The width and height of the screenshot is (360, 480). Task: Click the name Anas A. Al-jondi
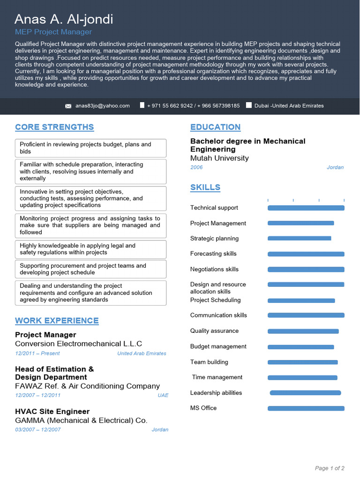pos(64,19)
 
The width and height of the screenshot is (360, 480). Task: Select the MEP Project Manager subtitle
pos(53,32)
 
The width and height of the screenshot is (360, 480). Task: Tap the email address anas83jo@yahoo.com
pos(103,106)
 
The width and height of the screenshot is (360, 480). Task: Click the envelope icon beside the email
pos(68,106)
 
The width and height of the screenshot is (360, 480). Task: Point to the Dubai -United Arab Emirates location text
pos(289,106)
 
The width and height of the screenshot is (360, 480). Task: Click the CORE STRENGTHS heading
pos(54,127)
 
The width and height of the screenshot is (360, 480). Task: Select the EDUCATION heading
pos(215,127)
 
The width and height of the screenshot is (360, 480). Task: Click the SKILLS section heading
pos(205,187)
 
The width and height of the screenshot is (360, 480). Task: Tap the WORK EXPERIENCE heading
pos(57,321)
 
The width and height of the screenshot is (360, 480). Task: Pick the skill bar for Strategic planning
pos(299,238)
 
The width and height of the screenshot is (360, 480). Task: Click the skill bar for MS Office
pos(306,408)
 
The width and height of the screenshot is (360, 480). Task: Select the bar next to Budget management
pos(300,347)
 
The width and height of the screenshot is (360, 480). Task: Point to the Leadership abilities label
pos(216,393)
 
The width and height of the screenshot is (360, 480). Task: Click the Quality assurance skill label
pos(214,331)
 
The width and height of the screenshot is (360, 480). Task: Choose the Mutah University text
pos(219,158)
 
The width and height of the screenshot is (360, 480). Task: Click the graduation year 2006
pos(196,167)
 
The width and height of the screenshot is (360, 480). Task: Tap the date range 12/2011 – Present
pos(37,353)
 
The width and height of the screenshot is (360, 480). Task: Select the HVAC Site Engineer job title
pos(52,412)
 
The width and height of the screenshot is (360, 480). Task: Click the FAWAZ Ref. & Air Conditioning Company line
pos(87,386)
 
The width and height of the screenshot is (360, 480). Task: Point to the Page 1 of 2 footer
pos(330,468)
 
